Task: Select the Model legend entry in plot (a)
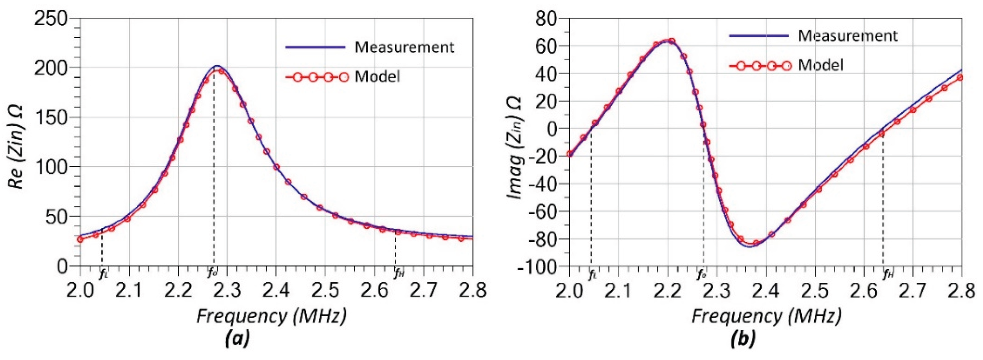pyautogui.click(x=377, y=77)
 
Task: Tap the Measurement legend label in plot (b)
pyautogui.click(x=848, y=36)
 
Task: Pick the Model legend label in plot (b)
pyautogui.click(x=821, y=65)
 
